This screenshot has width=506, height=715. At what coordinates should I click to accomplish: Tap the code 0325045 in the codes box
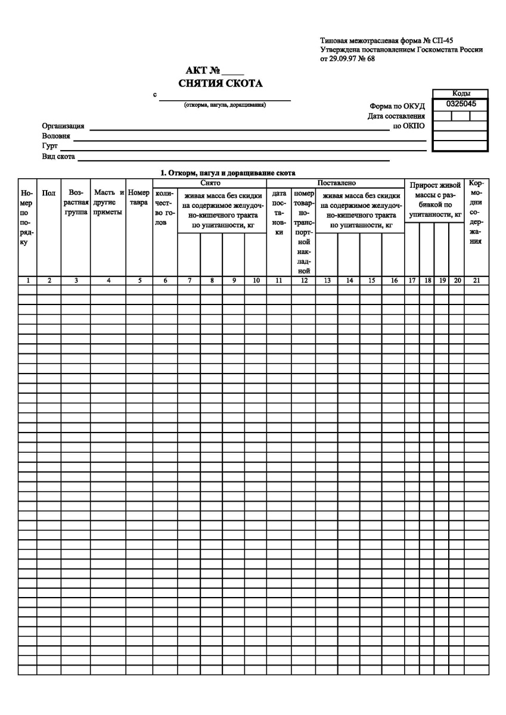click(460, 104)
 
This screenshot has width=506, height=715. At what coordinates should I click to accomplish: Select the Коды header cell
click(460, 94)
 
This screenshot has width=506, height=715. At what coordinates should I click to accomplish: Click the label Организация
click(63, 127)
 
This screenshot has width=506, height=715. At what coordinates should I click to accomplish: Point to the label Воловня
click(56, 136)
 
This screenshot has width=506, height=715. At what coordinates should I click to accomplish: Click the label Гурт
click(49, 146)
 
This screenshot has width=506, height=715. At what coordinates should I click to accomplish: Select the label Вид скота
click(58, 156)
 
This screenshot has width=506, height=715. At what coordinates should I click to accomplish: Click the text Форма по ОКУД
click(398, 107)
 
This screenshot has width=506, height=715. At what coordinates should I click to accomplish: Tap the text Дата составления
click(396, 116)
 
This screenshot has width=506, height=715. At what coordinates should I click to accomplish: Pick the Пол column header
click(49, 193)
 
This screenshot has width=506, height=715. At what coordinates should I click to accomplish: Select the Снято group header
click(210, 183)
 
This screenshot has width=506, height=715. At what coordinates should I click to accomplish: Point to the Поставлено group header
click(337, 183)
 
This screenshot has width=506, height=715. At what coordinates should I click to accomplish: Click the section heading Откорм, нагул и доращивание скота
click(228, 173)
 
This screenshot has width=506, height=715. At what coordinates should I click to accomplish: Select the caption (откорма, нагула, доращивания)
click(225, 105)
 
